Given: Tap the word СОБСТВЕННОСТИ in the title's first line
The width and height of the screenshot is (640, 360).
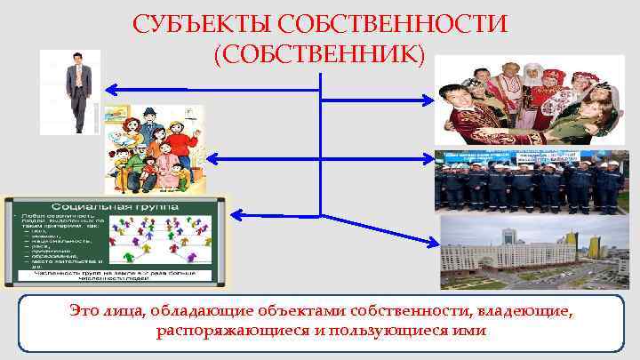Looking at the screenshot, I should click(393, 22).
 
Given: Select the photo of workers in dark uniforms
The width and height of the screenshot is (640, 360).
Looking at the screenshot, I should click(532, 181).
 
